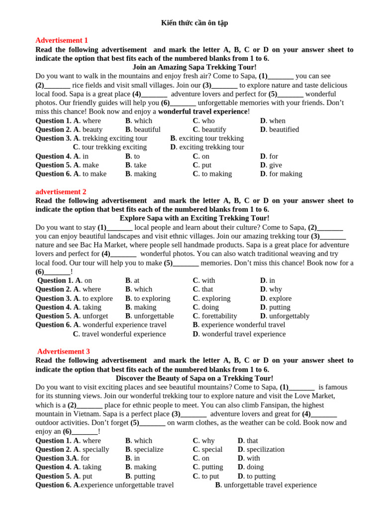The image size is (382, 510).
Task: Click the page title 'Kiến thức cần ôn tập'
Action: click(x=194, y=23)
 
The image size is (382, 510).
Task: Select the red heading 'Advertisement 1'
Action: click(x=62, y=40)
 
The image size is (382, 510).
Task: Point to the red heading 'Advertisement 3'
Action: click(x=64, y=351)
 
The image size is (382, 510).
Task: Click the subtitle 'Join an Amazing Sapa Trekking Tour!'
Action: click(x=194, y=67)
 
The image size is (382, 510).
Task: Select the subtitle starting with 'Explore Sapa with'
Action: click(x=194, y=218)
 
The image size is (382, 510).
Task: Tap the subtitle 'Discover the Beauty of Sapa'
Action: click(x=194, y=378)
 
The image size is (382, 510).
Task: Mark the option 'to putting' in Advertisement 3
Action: click(x=261, y=476)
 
